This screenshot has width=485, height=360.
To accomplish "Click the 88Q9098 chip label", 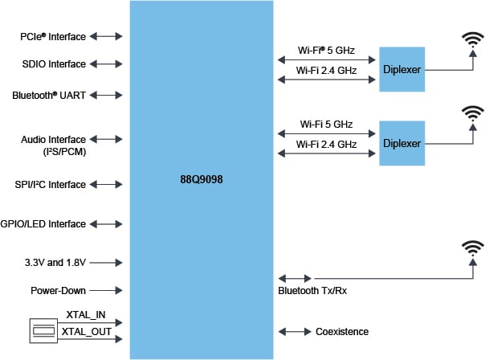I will (202, 180).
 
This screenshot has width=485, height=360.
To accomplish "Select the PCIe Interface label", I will (53, 36).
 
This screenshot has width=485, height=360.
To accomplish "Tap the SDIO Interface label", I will (53, 64).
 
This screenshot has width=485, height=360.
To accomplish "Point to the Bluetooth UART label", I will (49, 95).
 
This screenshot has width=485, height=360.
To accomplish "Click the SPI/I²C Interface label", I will (50, 185).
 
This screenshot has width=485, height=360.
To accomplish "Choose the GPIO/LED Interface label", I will (48, 224).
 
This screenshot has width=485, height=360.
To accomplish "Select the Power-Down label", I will (59, 291).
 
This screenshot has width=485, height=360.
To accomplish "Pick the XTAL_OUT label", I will (85, 331).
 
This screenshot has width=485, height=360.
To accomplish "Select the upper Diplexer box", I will (402, 70).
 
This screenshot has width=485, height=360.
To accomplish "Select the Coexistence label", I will (341, 331).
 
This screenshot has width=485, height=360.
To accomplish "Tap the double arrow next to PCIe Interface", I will (107, 36).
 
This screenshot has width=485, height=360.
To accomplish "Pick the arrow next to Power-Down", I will (107, 291).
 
